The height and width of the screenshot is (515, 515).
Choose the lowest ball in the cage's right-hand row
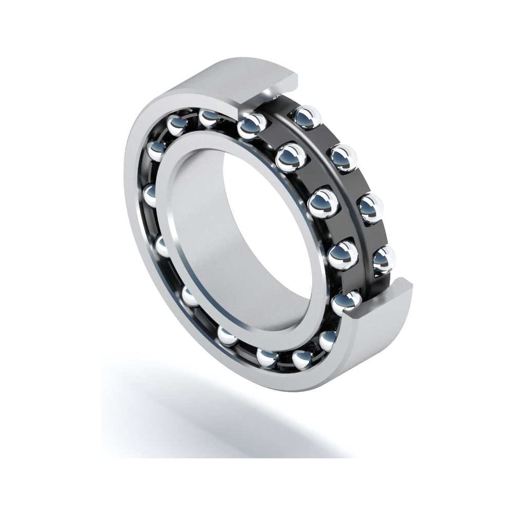pyautogui.click(x=384, y=259)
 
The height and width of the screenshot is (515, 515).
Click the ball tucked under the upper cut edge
pyautogui.click(x=252, y=125)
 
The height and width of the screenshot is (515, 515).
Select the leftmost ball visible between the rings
pyautogui.click(x=150, y=196)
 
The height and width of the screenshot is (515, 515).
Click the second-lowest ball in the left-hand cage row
pyautogui.click(x=342, y=252)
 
